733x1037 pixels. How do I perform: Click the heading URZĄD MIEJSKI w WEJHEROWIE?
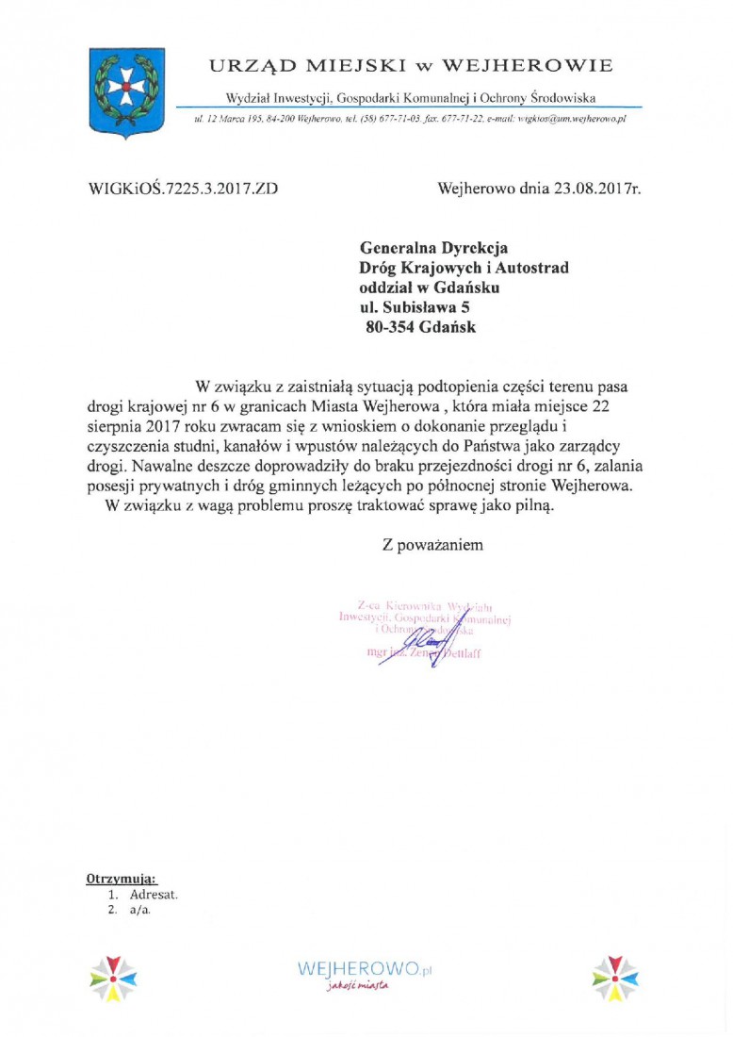pos(411,65)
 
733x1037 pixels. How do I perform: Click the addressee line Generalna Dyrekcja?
pos(434,249)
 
